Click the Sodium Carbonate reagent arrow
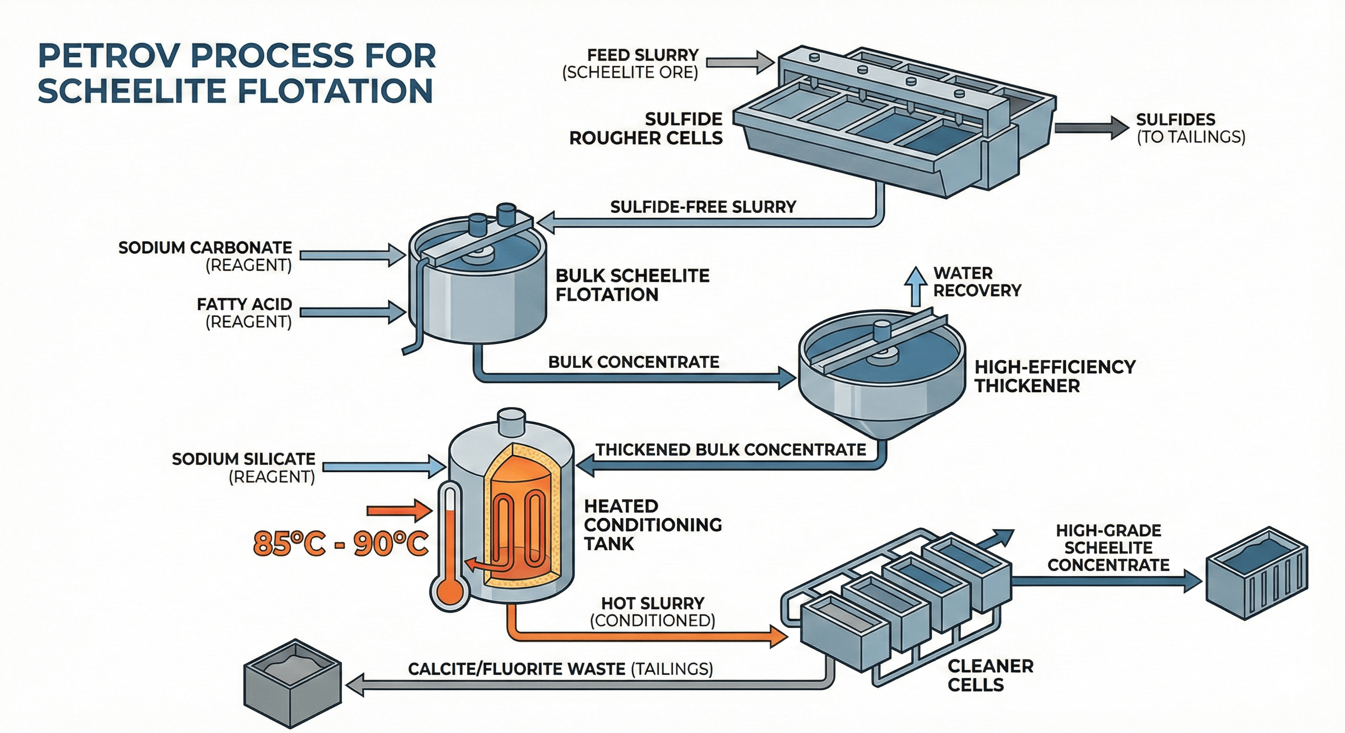click(x=353, y=255)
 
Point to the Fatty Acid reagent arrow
click(x=353, y=312)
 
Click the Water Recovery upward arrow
click(x=915, y=286)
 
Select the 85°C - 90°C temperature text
click(x=341, y=544)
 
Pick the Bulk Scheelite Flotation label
click(x=632, y=285)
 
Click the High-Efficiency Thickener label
click(x=1055, y=376)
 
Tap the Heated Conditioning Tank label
click(x=652, y=524)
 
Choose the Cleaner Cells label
click(x=991, y=675)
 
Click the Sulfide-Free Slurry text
click(x=703, y=207)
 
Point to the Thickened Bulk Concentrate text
click(x=731, y=450)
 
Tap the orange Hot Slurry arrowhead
click(x=778, y=637)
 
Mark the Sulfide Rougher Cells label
click(x=646, y=128)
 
